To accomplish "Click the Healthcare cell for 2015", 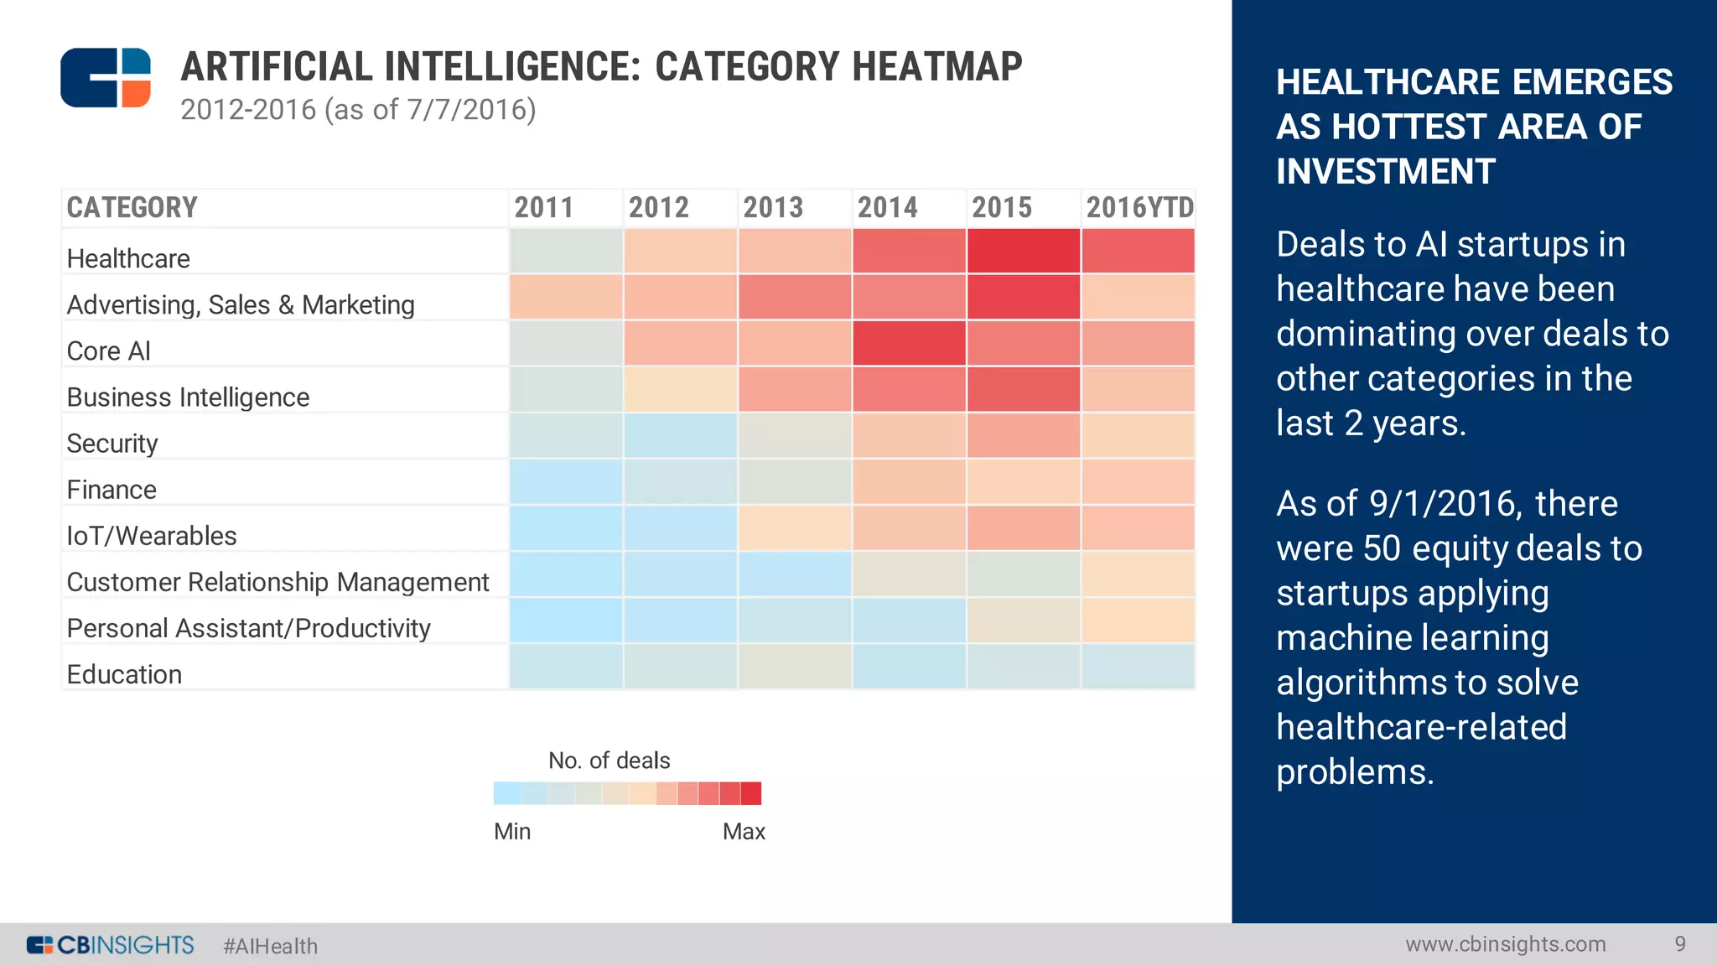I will click(x=1023, y=251).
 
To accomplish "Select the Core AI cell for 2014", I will click(x=909, y=343).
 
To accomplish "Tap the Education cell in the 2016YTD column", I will click(x=1138, y=666).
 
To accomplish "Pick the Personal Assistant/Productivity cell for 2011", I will click(x=566, y=620).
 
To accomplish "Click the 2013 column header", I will click(x=773, y=207).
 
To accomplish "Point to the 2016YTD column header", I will click(x=1139, y=207).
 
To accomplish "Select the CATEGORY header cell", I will click(x=132, y=207).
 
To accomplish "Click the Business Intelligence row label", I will click(x=188, y=397).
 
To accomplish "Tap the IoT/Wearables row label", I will click(x=152, y=535).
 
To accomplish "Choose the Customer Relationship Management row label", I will click(x=278, y=581).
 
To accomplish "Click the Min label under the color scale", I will click(x=512, y=831).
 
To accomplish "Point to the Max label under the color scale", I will click(x=744, y=831).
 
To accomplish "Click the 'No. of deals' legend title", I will click(x=609, y=761).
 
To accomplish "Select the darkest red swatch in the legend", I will click(x=751, y=793).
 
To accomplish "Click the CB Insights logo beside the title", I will click(x=106, y=77).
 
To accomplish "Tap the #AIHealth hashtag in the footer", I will click(x=270, y=946).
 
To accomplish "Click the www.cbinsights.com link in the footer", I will click(x=1505, y=944).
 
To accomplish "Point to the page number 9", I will click(x=1679, y=944).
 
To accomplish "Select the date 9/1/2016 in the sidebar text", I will click(x=1441, y=504).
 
